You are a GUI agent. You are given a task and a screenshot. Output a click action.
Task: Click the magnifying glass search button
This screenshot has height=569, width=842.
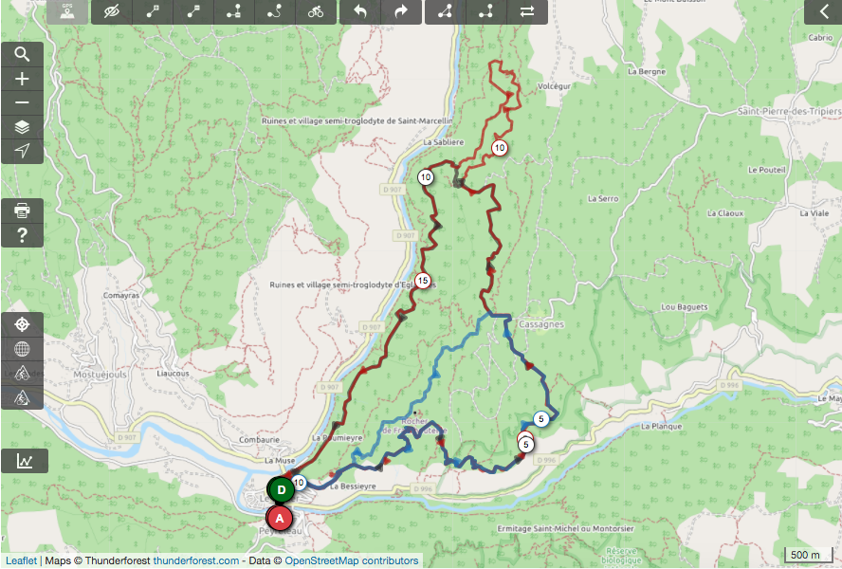(x=22, y=55)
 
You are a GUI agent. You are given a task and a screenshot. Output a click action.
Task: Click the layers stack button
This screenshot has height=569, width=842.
(x=22, y=127)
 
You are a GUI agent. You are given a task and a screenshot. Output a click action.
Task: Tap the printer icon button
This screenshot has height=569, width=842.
(x=22, y=211)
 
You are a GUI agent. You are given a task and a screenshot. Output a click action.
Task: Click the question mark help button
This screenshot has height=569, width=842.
(x=22, y=234)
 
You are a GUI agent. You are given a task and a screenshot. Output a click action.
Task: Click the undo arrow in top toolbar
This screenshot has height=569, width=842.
(x=359, y=11)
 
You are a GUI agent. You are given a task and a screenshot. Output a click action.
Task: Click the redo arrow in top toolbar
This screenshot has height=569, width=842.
(x=401, y=11)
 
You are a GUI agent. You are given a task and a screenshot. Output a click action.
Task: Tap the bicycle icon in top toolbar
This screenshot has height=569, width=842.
(x=317, y=11)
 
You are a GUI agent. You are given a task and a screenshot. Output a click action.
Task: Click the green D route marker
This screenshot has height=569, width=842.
(x=281, y=490)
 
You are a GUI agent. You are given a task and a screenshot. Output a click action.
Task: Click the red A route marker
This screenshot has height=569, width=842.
(x=279, y=519)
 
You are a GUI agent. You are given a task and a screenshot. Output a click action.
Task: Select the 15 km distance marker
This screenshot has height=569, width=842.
(x=423, y=280)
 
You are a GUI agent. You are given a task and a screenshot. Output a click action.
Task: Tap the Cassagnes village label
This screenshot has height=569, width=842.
(x=542, y=324)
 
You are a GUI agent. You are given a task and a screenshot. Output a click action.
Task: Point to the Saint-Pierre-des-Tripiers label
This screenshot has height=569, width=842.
(x=790, y=111)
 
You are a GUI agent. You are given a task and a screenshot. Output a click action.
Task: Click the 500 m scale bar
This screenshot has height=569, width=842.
(x=805, y=554)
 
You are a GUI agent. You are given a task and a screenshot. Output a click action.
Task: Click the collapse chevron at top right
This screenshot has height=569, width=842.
(x=821, y=11)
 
